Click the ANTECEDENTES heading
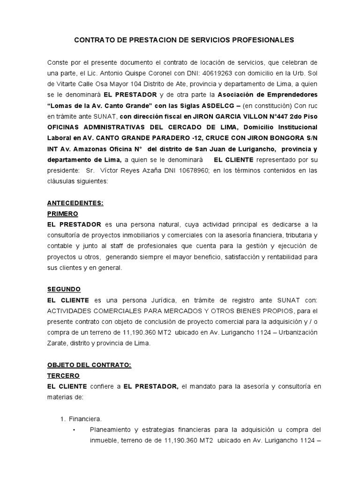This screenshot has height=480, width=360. coord(75,203)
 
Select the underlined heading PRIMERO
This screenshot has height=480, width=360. coord(63,214)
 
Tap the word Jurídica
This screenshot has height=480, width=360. coord(159,300)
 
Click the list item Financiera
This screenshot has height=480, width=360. coord(85,419)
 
